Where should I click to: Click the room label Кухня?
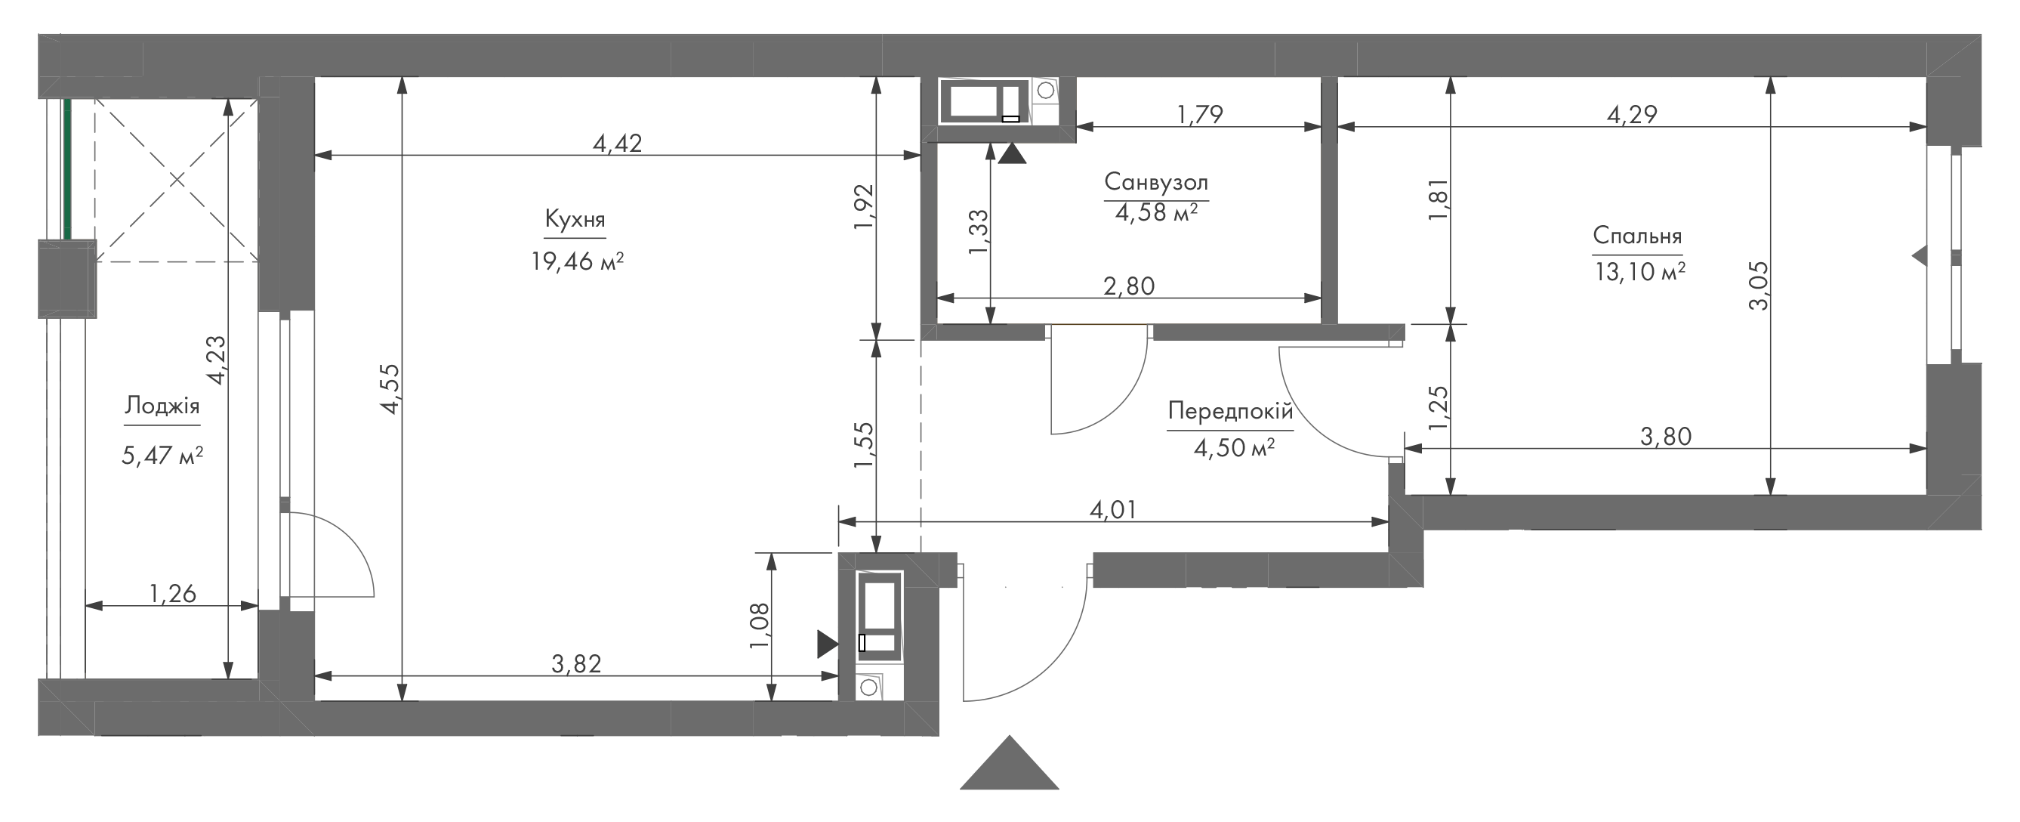coord(575,220)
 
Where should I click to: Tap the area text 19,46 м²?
coord(577,261)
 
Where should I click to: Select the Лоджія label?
coord(162,406)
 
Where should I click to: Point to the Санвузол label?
coord(1156,182)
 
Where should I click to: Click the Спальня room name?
coord(1637,235)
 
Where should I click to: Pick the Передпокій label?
coord(1229,410)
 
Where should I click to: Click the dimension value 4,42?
coord(617,143)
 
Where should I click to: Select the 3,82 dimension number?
coord(576,663)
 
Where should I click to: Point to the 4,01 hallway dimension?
coord(1113,511)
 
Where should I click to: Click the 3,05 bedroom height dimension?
coord(1759,286)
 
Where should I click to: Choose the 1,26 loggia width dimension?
coord(172,594)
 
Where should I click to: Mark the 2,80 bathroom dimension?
coord(1129,286)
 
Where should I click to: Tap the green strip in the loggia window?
coord(67,169)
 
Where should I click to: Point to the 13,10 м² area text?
coord(1639,271)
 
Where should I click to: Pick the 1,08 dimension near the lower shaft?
coord(759,625)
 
